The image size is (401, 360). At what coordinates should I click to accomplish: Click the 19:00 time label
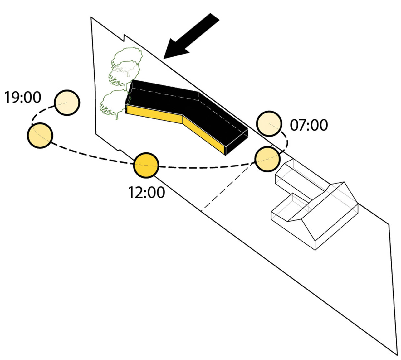[23, 97]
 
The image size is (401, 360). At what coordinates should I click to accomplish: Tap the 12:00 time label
[147, 192]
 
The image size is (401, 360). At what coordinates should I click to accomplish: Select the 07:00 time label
[309, 125]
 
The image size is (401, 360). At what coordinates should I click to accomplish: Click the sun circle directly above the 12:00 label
[146, 165]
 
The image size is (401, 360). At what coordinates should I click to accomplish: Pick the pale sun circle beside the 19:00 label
[67, 103]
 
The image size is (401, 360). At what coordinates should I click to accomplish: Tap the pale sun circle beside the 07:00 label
[269, 124]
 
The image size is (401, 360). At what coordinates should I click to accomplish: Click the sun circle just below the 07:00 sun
[267, 159]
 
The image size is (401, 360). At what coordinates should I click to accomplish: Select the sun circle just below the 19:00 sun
[40, 135]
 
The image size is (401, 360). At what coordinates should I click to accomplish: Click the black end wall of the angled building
[237, 142]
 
